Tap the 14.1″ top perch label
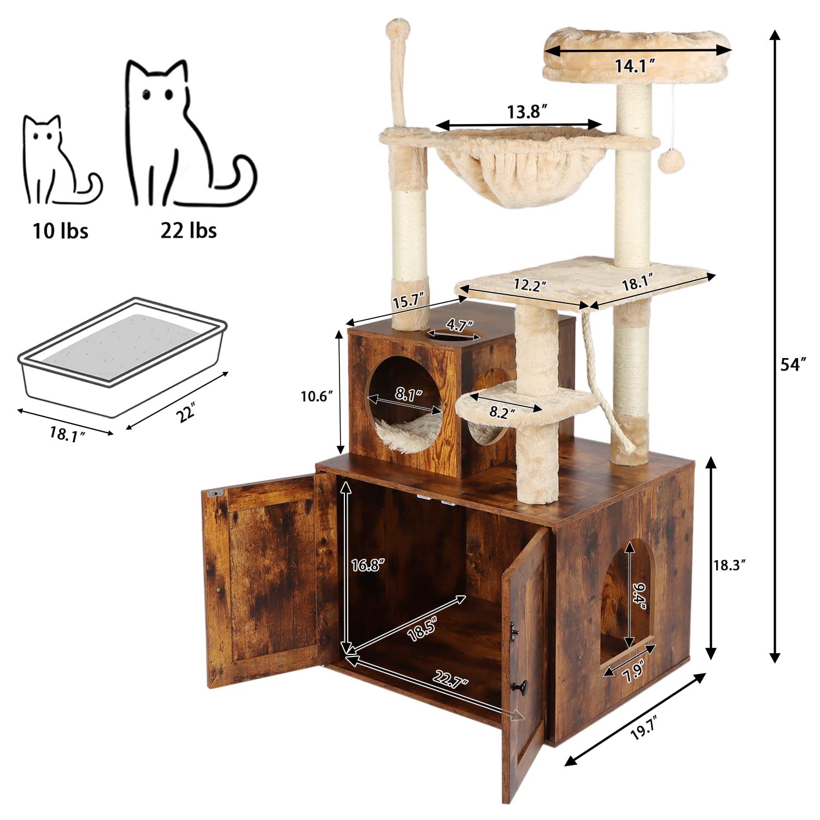pyautogui.click(x=635, y=66)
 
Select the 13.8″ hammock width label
pyautogui.click(x=527, y=112)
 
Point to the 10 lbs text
pyautogui.click(x=60, y=231)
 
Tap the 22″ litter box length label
pyautogui.click(x=186, y=413)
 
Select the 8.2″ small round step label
pyautogui.click(x=499, y=413)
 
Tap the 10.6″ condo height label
pyautogui.click(x=317, y=396)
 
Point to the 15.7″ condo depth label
pyautogui.click(x=405, y=302)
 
